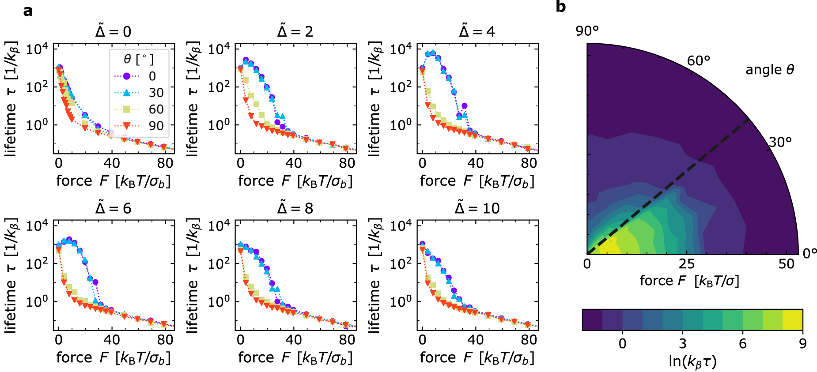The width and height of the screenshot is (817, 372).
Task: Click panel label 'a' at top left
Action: pos(28,11)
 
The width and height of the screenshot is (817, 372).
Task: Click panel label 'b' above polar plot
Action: pos(560,7)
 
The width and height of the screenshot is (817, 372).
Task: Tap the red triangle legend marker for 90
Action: pos(127,126)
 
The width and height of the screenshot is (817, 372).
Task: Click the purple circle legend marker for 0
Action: pos(127,76)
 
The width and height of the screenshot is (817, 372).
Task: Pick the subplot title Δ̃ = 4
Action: pos(477,31)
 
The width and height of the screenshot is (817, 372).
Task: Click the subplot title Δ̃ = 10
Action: pos(477,208)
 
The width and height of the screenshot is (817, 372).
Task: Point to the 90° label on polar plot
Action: pos(587,31)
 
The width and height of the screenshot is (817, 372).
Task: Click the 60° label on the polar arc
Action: pos(699,60)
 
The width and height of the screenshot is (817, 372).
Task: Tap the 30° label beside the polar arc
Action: pos(780,142)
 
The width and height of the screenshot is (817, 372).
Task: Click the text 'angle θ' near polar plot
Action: pos(770,70)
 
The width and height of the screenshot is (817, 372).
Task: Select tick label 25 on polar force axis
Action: pos(687,264)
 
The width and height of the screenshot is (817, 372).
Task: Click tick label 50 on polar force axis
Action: pos(787,264)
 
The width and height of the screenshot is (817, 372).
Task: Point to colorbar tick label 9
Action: pos(802,343)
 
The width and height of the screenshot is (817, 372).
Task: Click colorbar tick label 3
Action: pos(683,343)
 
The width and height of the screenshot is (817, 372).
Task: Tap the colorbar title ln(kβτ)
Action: pos(692,361)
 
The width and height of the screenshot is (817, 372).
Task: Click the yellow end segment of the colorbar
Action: pos(793,320)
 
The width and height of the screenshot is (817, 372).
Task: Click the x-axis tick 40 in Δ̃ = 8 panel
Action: pos(294,340)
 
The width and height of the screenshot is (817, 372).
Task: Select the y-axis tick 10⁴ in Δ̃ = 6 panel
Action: pos(37,225)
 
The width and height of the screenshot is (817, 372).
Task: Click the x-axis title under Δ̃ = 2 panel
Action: pos(295,181)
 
